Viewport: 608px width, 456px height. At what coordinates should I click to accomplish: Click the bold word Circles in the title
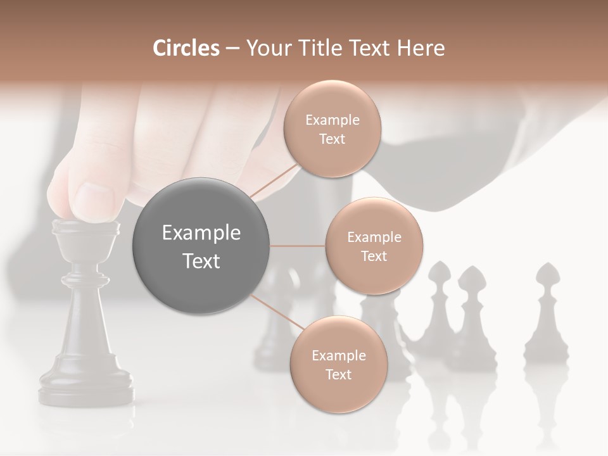pos(186,48)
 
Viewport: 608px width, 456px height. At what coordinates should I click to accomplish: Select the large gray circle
pos(201,246)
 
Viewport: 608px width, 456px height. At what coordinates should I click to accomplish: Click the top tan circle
pos(332,129)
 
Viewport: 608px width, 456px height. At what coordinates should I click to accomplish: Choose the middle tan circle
pos(374,246)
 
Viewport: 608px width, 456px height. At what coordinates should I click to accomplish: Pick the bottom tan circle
pos(338,365)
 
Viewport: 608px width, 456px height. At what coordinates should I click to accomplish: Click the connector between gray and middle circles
pos(298,246)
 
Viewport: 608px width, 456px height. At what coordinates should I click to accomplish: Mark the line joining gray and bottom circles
pos(277,312)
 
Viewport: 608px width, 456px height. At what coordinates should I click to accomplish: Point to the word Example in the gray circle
pos(201,233)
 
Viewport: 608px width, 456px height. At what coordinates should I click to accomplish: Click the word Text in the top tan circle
pos(332,139)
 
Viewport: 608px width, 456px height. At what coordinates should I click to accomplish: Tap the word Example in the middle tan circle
pos(374,237)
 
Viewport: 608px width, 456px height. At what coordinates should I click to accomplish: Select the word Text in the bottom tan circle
pos(338,374)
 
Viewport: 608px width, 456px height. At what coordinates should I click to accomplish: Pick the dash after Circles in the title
pos(232,48)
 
